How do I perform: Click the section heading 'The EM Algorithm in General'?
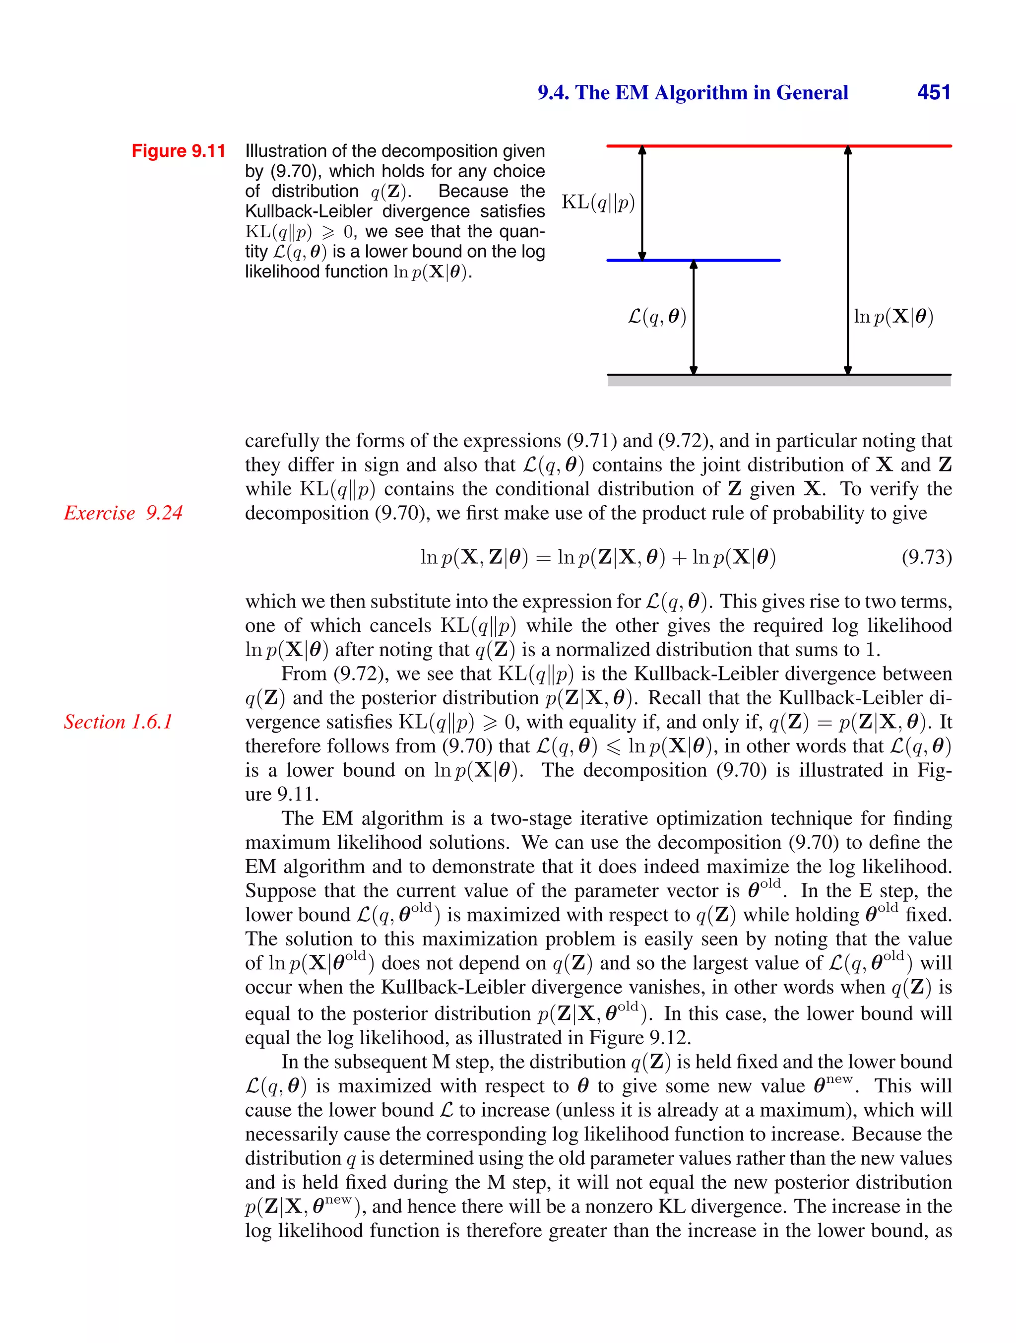[711, 92]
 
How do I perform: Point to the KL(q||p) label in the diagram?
[598, 202]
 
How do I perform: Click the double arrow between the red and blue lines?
[642, 203]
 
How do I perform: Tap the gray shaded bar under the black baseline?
[779, 381]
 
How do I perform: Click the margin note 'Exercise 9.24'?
[123, 513]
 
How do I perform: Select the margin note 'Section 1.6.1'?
[119, 722]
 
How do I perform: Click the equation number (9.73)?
[926, 557]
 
